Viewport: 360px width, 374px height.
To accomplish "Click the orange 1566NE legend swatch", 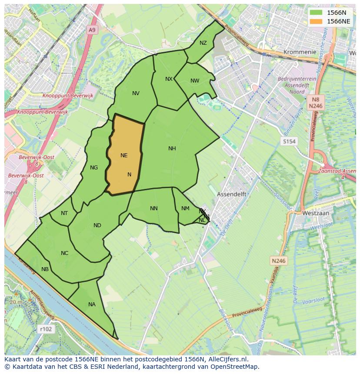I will [316, 21].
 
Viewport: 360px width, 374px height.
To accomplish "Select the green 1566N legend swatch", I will [316, 13].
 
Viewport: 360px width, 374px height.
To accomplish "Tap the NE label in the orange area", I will [124, 156].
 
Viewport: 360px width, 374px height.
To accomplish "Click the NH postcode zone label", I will [172, 149].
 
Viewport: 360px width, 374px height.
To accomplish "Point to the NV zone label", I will [136, 93].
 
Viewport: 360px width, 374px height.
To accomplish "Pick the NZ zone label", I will [203, 43].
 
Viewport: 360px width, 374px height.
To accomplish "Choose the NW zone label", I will [195, 81].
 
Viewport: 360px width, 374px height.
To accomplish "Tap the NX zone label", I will [169, 79].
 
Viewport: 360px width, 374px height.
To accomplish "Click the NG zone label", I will [94, 168].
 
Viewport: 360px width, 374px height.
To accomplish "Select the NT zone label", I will [64, 213].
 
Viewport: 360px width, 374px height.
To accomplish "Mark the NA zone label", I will [92, 304].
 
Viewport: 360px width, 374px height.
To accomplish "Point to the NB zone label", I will [45, 269].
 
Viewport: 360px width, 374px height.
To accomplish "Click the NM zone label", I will [185, 209].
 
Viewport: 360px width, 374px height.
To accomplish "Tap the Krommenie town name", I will [300, 52].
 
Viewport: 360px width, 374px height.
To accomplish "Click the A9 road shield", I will [91, 30].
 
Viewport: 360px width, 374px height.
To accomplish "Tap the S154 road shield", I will [289, 142].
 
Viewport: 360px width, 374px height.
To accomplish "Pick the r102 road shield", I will [45, 329].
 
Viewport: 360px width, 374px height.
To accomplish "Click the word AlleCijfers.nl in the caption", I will [226, 359].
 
